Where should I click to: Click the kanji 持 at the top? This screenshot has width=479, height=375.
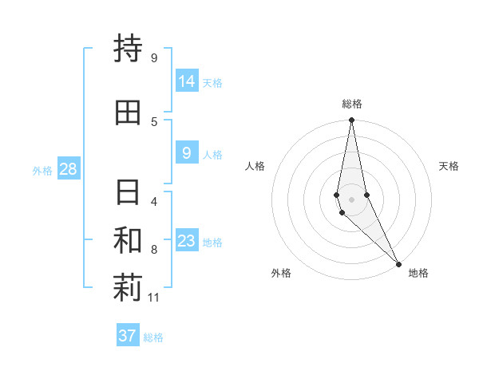click(128, 49)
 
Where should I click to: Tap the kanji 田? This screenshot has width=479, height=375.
click(128, 113)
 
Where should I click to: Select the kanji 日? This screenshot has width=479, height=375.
click(128, 193)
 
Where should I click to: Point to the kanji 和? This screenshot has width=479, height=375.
click(128, 242)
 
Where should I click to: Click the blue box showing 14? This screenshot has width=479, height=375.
click(187, 81)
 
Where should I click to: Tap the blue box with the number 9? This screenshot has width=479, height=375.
click(187, 153)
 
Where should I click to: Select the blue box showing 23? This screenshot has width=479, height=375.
click(187, 241)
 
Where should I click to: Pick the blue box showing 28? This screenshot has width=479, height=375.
click(68, 169)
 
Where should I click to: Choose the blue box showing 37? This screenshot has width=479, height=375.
click(128, 336)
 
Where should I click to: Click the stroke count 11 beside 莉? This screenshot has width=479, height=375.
click(155, 298)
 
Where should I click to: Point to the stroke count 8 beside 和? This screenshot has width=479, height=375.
click(154, 250)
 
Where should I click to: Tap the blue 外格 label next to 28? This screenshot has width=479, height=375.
click(42, 170)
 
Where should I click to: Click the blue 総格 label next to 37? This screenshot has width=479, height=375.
click(153, 337)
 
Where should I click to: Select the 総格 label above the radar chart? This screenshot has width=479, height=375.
click(351, 104)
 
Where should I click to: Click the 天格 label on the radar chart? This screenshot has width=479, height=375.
click(449, 166)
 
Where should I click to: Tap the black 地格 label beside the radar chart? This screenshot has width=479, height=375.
click(418, 273)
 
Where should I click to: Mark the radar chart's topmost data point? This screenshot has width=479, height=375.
click(351, 120)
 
